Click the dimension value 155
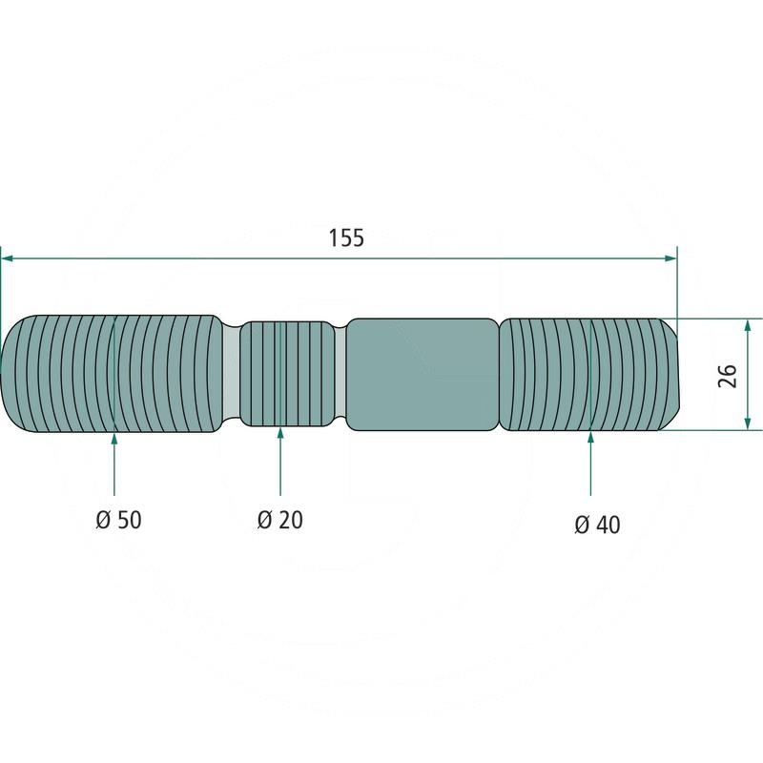tap(345, 238)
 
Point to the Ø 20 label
tap(279, 520)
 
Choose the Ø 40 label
tap(597, 524)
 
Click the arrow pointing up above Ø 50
tap(114, 439)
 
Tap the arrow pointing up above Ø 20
tap(280, 435)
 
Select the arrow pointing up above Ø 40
tap(591, 439)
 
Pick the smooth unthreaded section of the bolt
tap(422, 374)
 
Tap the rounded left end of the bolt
tap(11, 374)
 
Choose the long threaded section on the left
tap(114, 374)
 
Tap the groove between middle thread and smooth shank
tap(343, 374)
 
